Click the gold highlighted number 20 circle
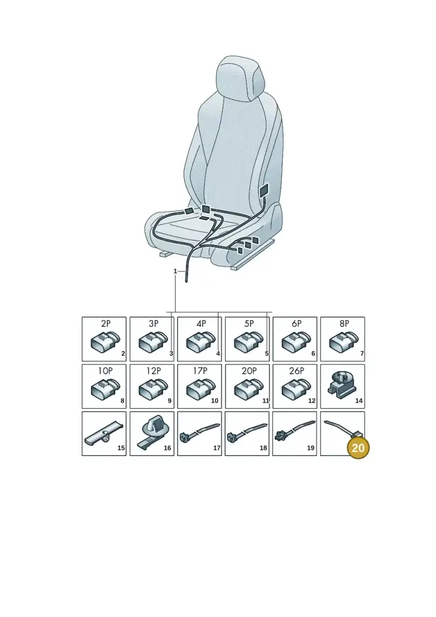358,448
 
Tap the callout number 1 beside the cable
175,271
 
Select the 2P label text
105,324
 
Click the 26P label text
296,370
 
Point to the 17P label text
200,370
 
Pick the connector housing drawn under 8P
343,342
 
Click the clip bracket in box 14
341,385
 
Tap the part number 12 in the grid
312,400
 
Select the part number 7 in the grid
362,354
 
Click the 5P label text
249,324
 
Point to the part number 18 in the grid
263,448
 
